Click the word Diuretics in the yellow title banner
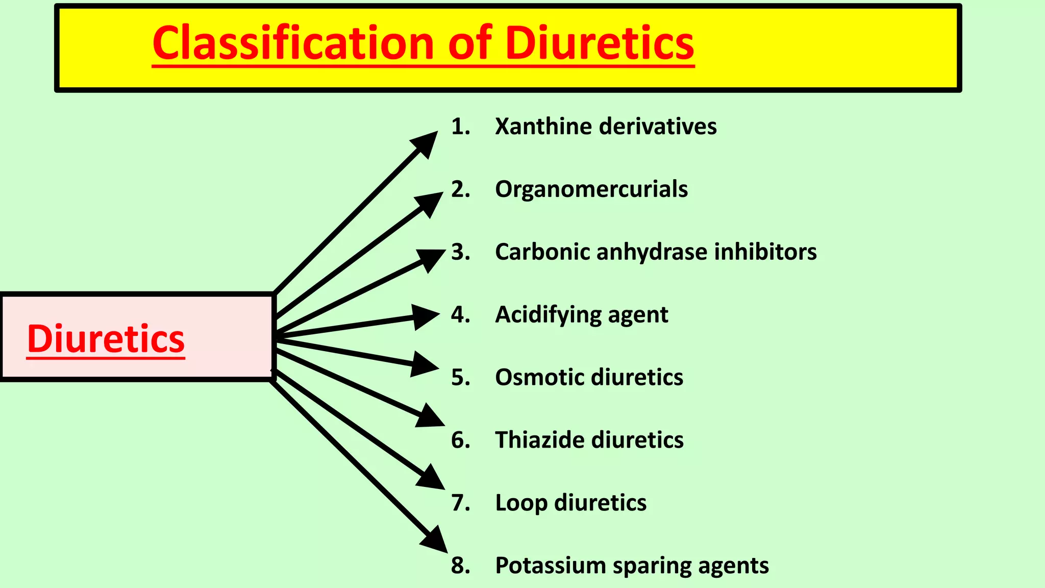pyautogui.click(x=600, y=44)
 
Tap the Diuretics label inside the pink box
pyautogui.click(x=106, y=339)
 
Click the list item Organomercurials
pyautogui.click(x=591, y=189)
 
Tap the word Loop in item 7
pyautogui.click(x=520, y=503)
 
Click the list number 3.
pyautogui.click(x=460, y=252)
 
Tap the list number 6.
pyautogui.click(x=460, y=440)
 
